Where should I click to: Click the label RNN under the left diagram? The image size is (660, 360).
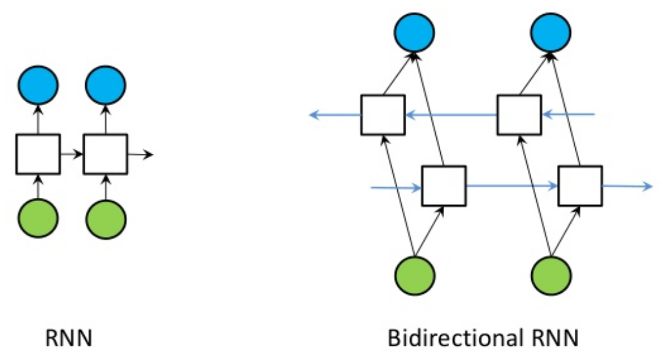(x=68, y=338)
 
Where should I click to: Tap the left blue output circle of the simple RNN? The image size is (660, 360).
(x=38, y=86)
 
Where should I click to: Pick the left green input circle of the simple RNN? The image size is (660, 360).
(x=38, y=219)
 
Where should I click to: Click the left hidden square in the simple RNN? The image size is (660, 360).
(x=38, y=154)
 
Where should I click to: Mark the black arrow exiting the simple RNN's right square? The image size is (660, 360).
(x=140, y=154)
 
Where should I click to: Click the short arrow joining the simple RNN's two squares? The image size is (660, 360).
(x=72, y=154)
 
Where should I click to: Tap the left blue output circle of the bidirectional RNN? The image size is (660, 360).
(x=414, y=31)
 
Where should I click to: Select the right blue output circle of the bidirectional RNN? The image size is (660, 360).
(x=552, y=31)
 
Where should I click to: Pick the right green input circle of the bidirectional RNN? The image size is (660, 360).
(x=552, y=275)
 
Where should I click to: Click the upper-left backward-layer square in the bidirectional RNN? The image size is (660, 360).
(x=382, y=115)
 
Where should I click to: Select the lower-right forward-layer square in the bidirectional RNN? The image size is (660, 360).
(x=580, y=186)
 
